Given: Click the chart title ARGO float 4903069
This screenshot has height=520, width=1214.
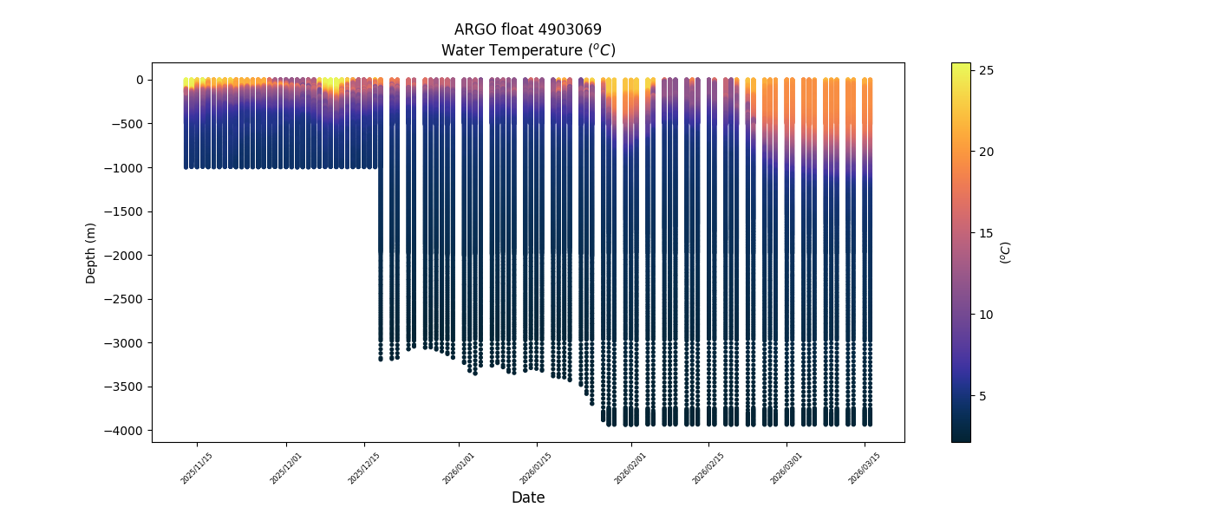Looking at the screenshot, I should [x=527, y=29].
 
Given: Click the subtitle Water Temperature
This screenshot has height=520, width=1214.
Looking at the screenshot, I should [x=527, y=50].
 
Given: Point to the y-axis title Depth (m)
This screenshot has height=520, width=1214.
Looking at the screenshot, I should [x=91, y=253].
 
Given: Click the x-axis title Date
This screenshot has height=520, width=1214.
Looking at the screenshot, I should [x=527, y=497].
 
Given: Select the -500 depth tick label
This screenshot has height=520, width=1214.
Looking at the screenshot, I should [x=128, y=124].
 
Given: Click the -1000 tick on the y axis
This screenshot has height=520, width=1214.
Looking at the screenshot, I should [x=126, y=167].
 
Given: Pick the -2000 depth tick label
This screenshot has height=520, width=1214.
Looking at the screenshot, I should [x=126, y=256].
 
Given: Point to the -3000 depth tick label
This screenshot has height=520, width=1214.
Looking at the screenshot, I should [x=126, y=343].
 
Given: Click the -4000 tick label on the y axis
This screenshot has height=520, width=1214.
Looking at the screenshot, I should [x=126, y=431].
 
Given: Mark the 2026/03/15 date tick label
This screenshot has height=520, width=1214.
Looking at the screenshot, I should [x=863, y=466].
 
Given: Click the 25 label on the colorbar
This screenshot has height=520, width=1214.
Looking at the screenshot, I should [x=986, y=70].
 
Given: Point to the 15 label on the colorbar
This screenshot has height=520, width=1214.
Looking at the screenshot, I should [x=986, y=233].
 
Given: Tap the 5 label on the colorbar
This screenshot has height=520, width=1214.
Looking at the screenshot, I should [x=982, y=396].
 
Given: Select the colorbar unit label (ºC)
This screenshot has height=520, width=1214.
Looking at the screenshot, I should [x=1006, y=252].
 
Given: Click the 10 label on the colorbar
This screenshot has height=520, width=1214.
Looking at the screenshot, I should [x=986, y=315].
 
